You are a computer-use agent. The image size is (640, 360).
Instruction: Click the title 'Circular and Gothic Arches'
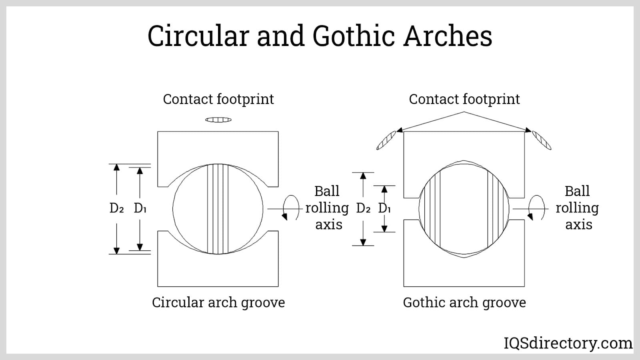coord(320,36)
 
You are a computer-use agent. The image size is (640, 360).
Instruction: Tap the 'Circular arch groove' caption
coord(218,302)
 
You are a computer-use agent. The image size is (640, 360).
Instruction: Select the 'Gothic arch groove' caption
coord(464,302)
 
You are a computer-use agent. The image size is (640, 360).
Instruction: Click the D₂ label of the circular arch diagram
coord(116,208)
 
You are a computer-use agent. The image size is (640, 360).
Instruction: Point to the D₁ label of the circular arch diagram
coord(140,208)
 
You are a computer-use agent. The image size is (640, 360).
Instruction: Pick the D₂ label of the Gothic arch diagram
coord(363,208)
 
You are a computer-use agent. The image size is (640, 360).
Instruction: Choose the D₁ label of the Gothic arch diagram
coord(384,208)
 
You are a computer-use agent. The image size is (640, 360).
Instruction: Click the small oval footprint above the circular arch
coord(218,120)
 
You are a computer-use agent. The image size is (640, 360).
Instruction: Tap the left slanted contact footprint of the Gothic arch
coord(386,140)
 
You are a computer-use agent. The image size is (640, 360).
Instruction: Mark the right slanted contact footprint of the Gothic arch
coord(542,140)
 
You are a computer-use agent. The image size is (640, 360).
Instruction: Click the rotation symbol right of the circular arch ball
coord(291,208)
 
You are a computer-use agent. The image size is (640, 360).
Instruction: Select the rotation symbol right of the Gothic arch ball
coord(536,208)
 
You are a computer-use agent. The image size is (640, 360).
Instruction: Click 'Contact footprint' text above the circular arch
coord(218,99)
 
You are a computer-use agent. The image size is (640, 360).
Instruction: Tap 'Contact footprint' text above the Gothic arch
coord(464,99)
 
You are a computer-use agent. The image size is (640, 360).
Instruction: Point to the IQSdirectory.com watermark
coord(568,343)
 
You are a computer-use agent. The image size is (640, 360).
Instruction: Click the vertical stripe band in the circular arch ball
coord(218,209)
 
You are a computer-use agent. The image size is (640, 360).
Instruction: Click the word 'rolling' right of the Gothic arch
coord(577,208)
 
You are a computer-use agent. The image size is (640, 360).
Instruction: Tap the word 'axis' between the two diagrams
coord(329,225)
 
